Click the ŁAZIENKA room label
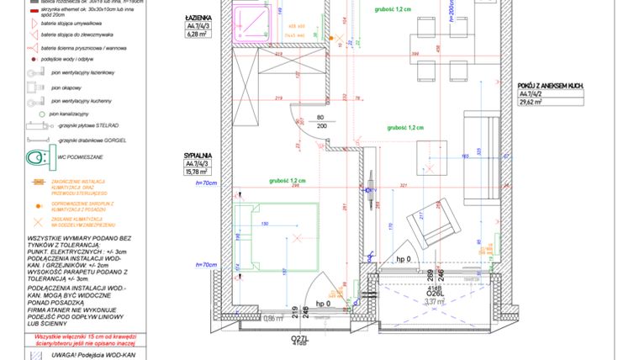coord(199,17)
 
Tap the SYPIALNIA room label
coord(199,156)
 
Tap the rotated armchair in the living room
coord(427,225)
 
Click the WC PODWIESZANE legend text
coord(80,157)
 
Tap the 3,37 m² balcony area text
coord(410,301)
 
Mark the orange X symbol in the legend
coord(37,222)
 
